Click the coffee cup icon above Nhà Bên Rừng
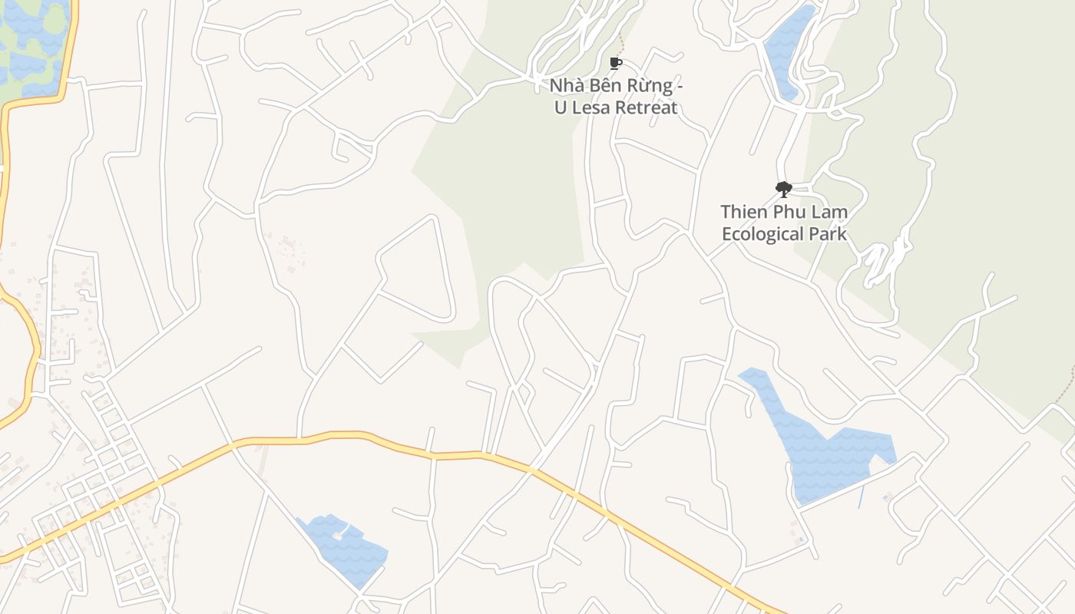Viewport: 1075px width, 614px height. (614, 63)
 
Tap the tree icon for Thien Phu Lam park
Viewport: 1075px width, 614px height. (783, 189)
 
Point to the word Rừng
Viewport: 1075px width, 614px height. (653, 86)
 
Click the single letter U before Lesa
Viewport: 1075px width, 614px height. (561, 107)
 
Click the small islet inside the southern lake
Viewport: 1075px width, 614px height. (339, 534)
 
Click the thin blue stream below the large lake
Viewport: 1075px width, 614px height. (860, 497)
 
